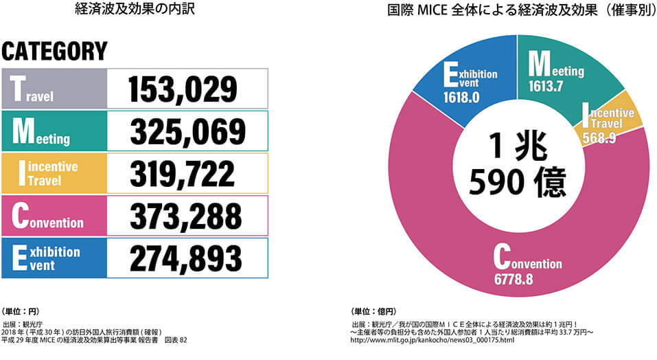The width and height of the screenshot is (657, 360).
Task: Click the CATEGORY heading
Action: (55, 51)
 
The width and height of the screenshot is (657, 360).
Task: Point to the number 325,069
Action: (186, 131)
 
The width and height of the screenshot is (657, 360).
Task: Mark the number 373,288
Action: (185, 216)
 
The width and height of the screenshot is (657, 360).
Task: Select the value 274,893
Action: (185, 258)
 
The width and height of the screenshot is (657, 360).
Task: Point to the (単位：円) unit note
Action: (23, 311)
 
